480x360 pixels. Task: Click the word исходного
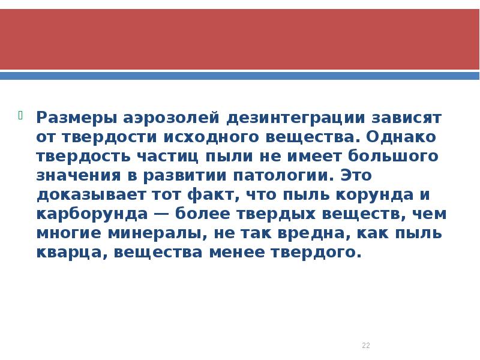(209, 137)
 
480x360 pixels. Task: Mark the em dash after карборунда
(157, 215)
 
